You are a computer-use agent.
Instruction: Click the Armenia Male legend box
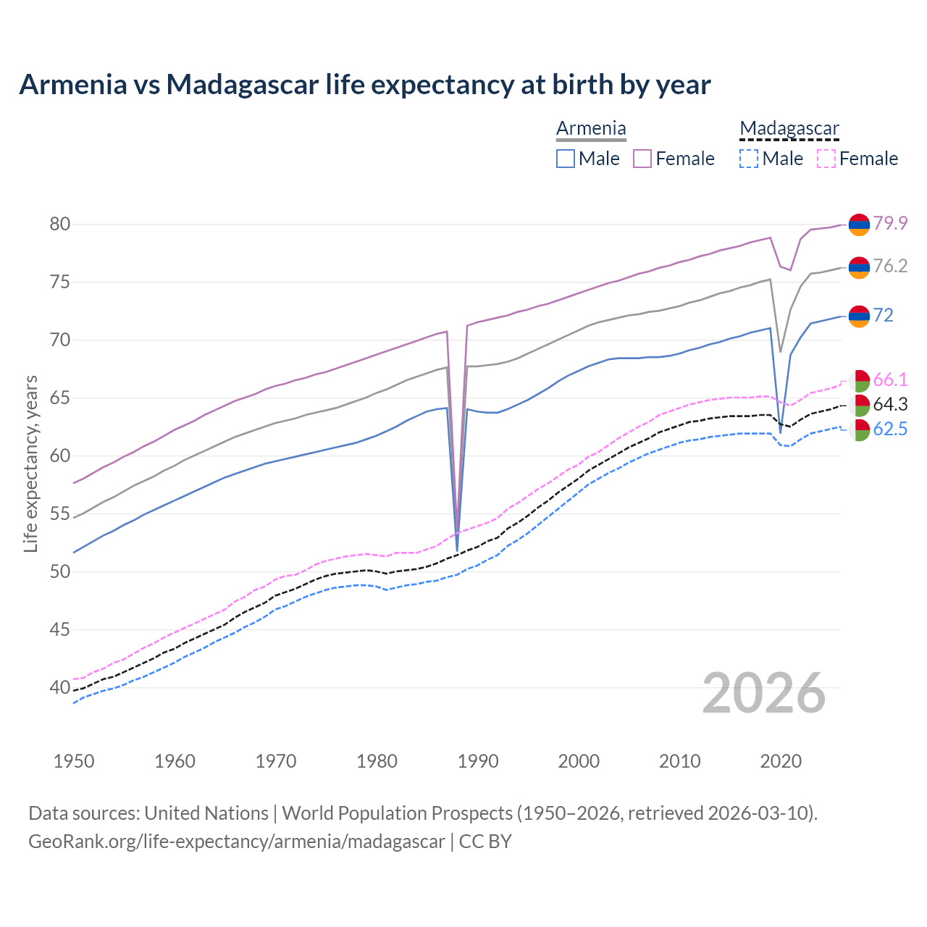pyautogui.click(x=566, y=159)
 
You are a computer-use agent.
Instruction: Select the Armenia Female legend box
pyautogui.click(x=642, y=159)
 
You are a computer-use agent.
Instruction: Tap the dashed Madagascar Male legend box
pyautogui.click(x=749, y=159)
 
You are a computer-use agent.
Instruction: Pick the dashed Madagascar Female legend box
pyautogui.click(x=826, y=159)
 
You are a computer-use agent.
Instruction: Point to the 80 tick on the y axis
pyautogui.click(x=60, y=224)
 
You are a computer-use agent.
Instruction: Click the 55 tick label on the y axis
pyautogui.click(x=60, y=513)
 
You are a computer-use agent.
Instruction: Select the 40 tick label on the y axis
pyautogui.click(x=60, y=687)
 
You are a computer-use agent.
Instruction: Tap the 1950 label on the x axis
pyautogui.click(x=74, y=761)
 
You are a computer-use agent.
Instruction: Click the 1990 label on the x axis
pyautogui.click(x=478, y=761)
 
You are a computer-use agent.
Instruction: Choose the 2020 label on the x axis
pyautogui.click(x=781, y=761)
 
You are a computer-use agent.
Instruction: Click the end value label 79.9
pyautogui.click(x=890, y=223)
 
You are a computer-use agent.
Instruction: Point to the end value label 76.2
pyautogui.click(x=890, y=266)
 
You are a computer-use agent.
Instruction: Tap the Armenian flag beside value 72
pyautogui.click(x=859, y=316)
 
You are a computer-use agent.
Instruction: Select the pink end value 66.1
pyautogui.click(x=890, y=379)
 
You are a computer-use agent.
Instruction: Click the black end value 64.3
pyautogui.click(x=890, y=404)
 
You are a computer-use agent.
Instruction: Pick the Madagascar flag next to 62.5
pyautogui.click(x=859, y=430)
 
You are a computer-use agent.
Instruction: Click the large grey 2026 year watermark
pyautogui.click(x=764, y=693)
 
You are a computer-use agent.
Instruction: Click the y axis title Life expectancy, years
pyautogui.click(x=30, y=463)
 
